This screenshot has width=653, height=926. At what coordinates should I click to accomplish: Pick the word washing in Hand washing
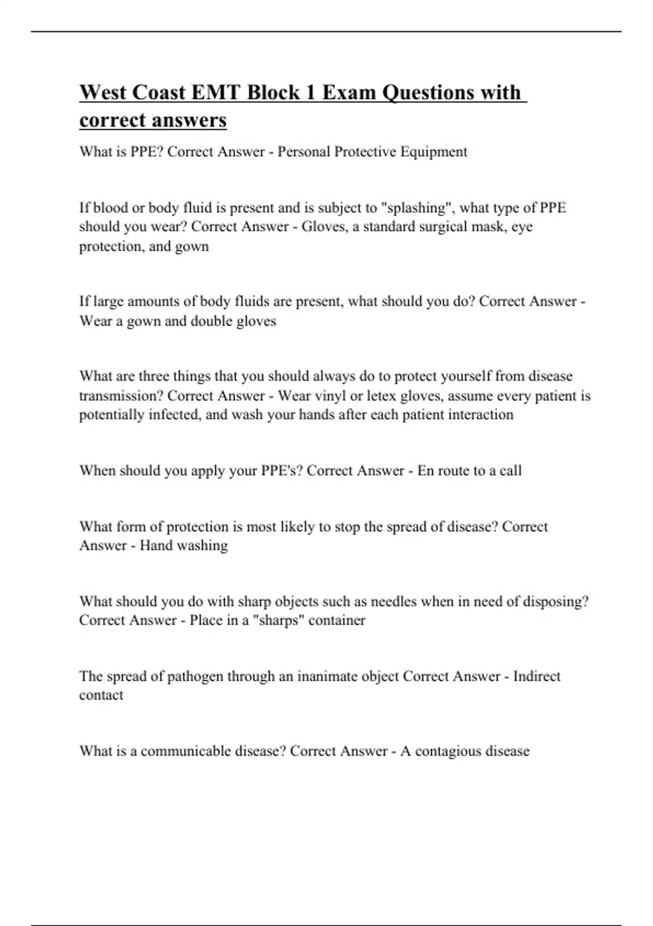tap(202, 545)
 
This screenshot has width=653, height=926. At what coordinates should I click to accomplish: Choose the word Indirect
tap(537, 676)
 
